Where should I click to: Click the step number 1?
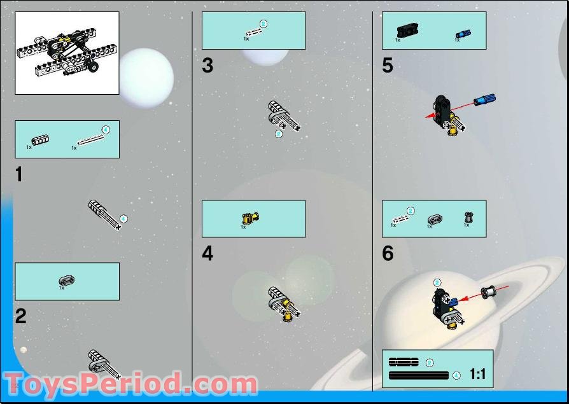19,174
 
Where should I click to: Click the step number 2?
21,316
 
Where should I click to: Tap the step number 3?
207,66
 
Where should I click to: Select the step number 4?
207,254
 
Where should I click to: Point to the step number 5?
388,66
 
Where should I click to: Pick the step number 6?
388,254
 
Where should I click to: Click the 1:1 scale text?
477,375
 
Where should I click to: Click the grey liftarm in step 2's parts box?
67,281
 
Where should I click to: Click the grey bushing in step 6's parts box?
468,218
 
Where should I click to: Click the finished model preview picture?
67,53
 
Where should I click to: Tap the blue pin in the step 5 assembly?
484,101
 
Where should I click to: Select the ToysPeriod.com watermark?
130,385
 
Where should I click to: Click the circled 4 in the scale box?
456,376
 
